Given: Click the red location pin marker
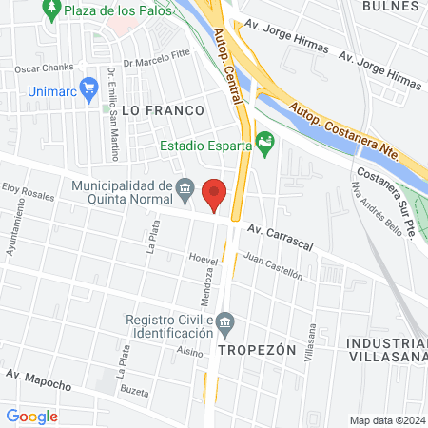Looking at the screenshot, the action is (215, 195).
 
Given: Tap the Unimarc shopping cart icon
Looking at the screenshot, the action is (90, 88).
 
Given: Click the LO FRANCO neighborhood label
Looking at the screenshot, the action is (164, 110).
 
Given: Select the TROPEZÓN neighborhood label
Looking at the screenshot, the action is (252, 349).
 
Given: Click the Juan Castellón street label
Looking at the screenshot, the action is (273, 265).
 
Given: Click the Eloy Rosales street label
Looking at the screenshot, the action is (29, 193).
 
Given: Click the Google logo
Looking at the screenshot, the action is (31, 416).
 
